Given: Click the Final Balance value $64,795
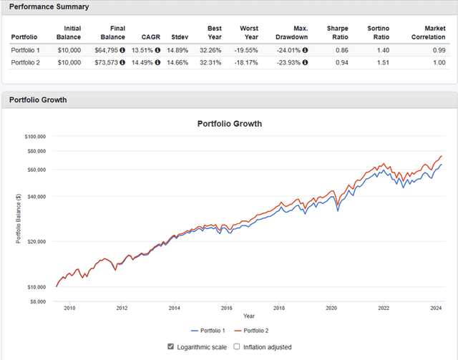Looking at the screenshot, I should pos(107,50).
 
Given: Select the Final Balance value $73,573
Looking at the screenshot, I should pos(107,62).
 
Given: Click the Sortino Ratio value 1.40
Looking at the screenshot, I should pos(379,50).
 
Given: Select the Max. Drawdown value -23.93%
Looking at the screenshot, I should pos(289,62).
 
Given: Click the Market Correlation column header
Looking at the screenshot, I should pos(429,32).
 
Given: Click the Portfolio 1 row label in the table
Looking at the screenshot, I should pos(26,50).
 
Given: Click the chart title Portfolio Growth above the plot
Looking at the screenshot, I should pos(229,123).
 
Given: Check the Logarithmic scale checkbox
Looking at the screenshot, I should pos(170,347).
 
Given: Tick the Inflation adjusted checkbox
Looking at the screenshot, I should pos(237,347).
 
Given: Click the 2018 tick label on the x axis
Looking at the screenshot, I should pos(278,308).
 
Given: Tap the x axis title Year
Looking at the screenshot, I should pos(248,316).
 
